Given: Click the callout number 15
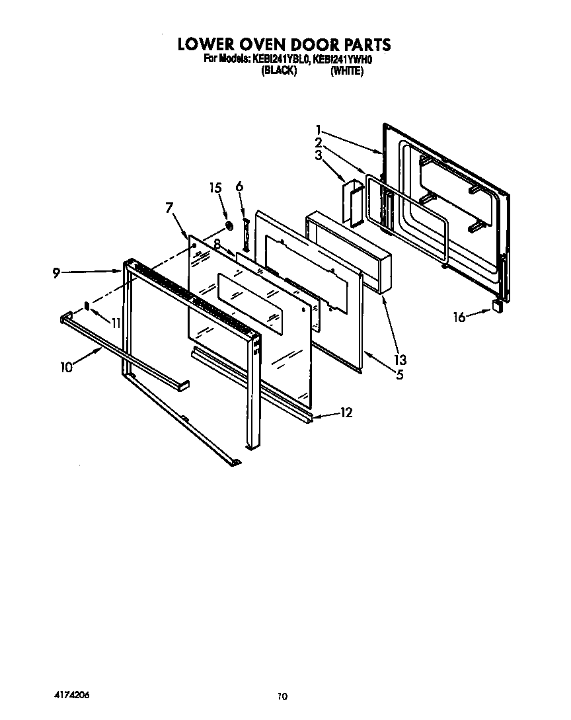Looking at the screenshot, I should [215, 188].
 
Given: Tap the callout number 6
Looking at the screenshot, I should [239, 187].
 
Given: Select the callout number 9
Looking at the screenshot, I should [57, 272].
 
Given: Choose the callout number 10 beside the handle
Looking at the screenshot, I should [66, 368].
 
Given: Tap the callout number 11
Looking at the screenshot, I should [116, 323].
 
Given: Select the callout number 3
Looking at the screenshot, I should [319, 155].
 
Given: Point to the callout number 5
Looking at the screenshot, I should [399, 375].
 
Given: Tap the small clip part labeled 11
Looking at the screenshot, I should [87, 306].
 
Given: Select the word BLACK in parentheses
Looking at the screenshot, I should [278, 71].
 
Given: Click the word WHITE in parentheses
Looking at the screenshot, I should [346, 71].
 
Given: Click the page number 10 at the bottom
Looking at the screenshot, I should [283, 696].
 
